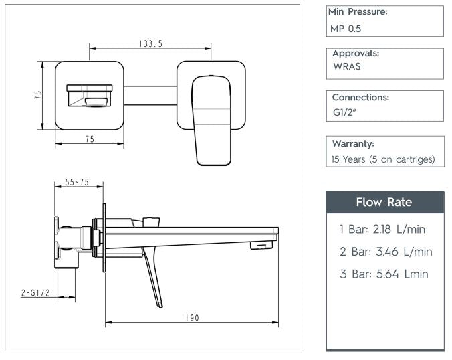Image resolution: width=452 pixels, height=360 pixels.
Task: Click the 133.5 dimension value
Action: coord(151,43)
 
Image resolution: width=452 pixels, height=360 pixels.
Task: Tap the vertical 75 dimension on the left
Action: coord(38,95)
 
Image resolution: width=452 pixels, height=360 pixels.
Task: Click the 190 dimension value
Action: coord(193,318)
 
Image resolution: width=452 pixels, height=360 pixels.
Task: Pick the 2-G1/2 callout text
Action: coord(35,292)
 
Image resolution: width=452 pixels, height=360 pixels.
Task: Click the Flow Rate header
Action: coord(384,202)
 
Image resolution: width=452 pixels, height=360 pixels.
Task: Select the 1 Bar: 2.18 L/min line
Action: coord(382,230)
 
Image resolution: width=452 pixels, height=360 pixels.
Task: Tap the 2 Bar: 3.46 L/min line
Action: coord(385,252)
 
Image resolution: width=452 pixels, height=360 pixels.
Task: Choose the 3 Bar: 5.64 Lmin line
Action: coord(384,274)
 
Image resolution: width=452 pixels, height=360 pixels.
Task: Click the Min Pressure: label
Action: coord(358,12)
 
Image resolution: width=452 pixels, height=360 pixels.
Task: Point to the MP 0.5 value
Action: coord(346,29)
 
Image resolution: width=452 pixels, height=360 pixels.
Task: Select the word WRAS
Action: coord(346,66)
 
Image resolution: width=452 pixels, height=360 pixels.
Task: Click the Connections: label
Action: coord(360,97)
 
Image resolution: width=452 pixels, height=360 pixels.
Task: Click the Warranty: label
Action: coord(353,143)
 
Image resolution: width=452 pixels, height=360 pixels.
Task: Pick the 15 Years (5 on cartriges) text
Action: coord(382,159)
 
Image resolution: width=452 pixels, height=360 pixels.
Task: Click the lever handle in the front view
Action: coord(212,120)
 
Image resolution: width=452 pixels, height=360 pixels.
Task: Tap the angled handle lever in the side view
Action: coord(153,278)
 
